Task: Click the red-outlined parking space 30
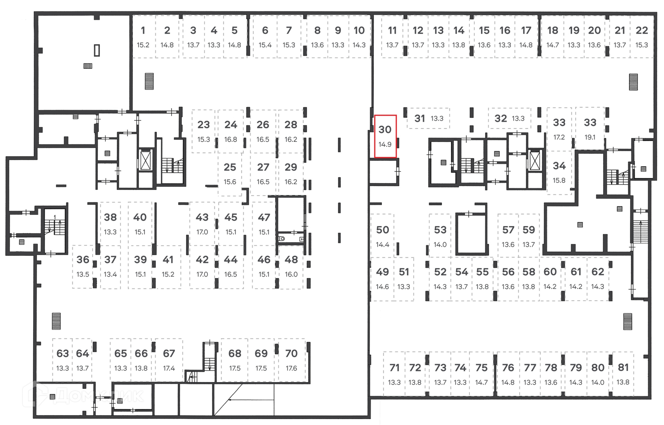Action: [x=385, y=136]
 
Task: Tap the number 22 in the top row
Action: [x=642, y=30]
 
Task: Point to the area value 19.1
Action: [x=590, y=137]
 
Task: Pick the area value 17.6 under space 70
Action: [x=291, y=369]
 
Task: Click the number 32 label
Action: [x=500, y=119]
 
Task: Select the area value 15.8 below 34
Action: [x=559, y=181]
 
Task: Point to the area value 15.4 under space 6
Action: [x=265, y=45]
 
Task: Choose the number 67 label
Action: [x=169, y=353]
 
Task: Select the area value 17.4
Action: [x=169, y=369]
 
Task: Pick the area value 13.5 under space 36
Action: [x=83, y=275]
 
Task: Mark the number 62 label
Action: [x=598, y=272]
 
